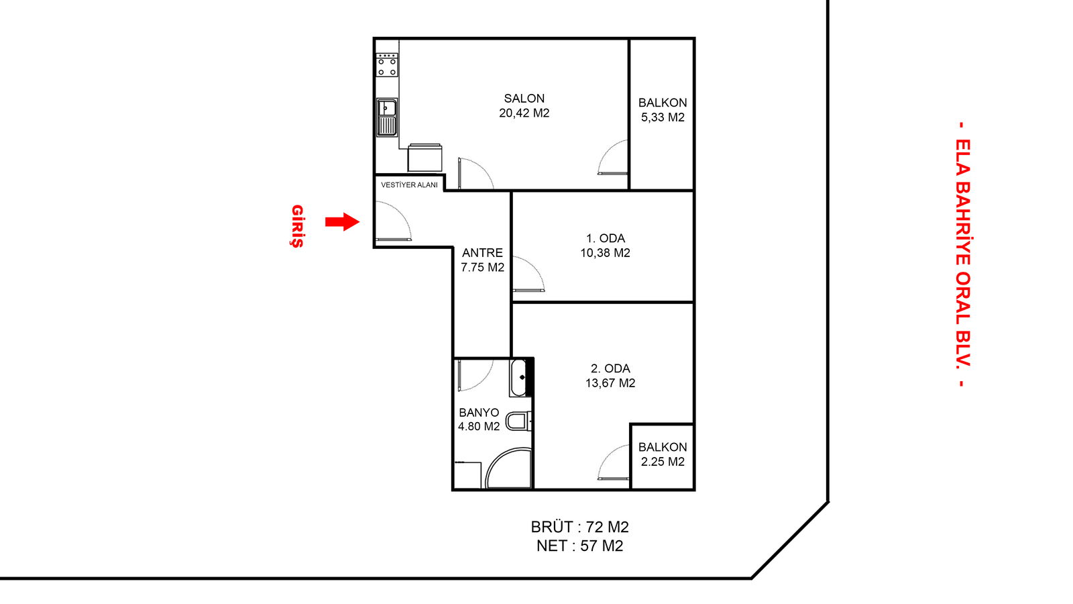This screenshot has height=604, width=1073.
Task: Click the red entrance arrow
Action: click(x=342, y=221)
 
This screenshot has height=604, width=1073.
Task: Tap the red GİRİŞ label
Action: click(x=298, y=226)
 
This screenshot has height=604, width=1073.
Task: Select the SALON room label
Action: click(x=524, y=98)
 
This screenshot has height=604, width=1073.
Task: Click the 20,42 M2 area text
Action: click(x=524, y=113)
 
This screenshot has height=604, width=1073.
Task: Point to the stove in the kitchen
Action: click(x=387, y=65)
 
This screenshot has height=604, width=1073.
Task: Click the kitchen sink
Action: click(x=386, y=117)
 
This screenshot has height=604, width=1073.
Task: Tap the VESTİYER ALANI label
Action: click(x=409, y=185)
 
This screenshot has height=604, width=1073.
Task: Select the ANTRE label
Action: click(x=482, y=252)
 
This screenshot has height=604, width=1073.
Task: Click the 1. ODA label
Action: click(x=606, y=238)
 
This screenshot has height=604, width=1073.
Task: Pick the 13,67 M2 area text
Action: click(x=610, y=383)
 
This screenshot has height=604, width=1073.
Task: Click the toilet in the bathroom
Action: click(x=519, y=421)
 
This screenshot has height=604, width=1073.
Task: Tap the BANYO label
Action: click(x=479, y=412)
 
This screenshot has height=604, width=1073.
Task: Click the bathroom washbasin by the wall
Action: click(x=521, y=378)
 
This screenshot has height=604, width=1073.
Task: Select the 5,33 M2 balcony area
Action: click(x=663, y=117)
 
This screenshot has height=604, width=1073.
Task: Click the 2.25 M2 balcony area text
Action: click(x=663, y=462)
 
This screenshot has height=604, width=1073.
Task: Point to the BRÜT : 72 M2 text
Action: click(x=579, y=527)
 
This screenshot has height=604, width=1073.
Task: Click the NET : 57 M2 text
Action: click(x=579, y=546)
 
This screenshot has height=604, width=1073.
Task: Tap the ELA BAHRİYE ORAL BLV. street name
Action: click(x=963, y=254)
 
